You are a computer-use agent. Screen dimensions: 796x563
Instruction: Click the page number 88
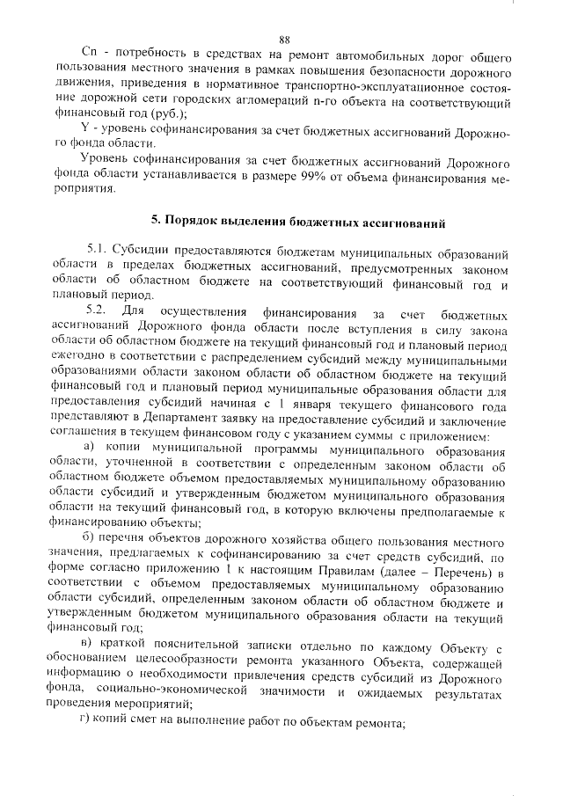pyautogui.click(x=284, y=40)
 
